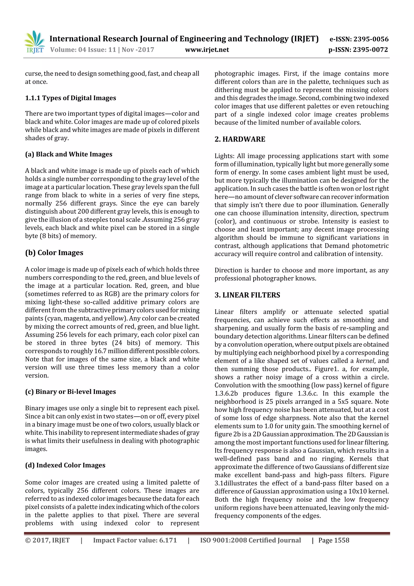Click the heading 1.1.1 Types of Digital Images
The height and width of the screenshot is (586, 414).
click(x=70, y=98)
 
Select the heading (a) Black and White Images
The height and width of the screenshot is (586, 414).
click(x=69, y=154)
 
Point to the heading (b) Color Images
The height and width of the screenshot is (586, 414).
click(x=54, y=252)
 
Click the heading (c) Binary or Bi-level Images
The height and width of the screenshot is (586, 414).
click(x=70, y=392)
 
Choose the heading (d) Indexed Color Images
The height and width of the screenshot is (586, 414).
click(x=65, y=465)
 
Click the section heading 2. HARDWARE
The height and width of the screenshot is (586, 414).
click(x=240, y=139)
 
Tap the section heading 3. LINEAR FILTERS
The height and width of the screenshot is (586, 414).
click(x=247, y=295)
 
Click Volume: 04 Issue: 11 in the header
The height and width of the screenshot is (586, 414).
click(x=83, y=50)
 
